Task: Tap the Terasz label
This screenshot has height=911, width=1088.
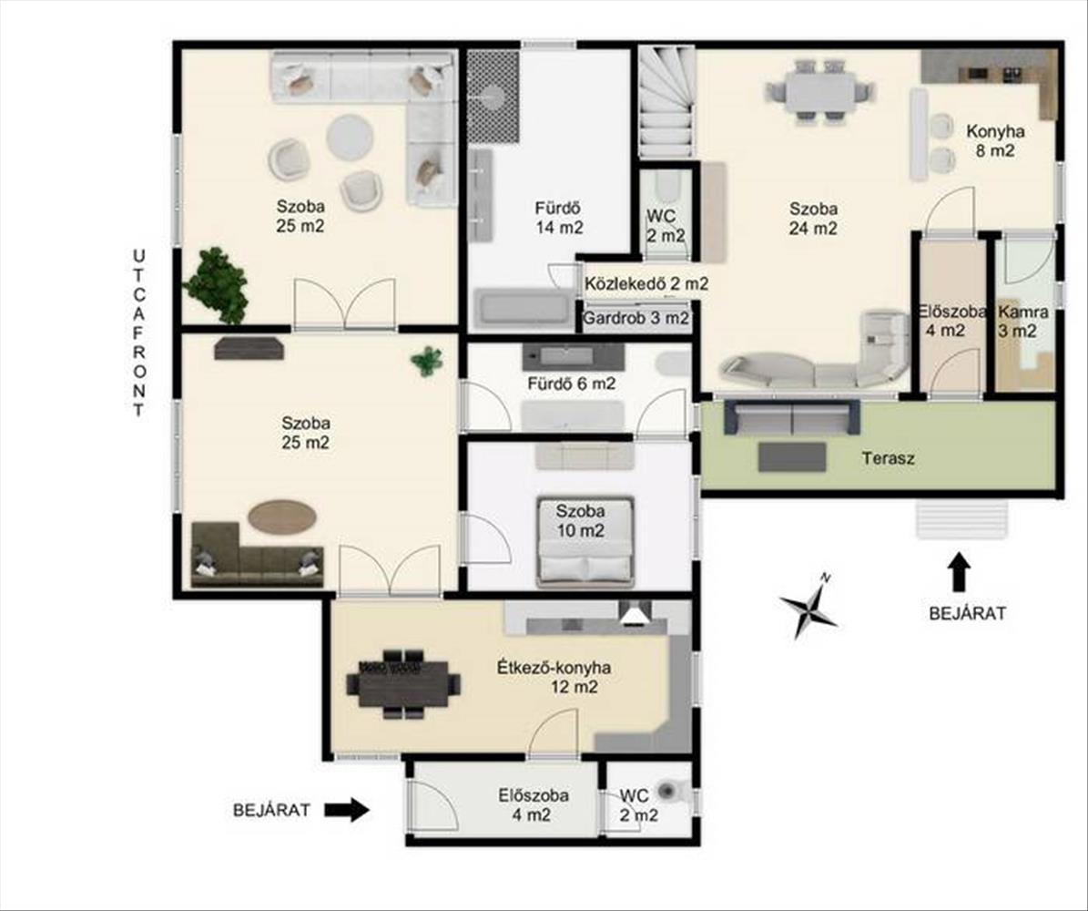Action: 889,458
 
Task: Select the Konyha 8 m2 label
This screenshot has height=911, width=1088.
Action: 996,140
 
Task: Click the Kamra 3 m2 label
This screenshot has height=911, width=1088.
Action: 1022,322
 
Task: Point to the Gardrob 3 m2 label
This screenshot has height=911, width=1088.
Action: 636,319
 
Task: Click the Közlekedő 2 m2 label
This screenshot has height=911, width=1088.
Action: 646,284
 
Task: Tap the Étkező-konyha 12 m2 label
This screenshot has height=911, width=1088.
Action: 554,678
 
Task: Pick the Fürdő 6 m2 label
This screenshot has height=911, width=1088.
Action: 571,384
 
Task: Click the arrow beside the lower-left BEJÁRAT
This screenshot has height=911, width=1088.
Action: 347,809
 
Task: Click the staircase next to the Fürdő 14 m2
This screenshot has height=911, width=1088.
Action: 666,102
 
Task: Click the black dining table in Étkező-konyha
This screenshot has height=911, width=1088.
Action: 403,684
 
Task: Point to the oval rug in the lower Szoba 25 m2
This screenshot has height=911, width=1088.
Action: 282,517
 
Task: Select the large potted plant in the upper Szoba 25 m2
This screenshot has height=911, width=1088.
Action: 216,284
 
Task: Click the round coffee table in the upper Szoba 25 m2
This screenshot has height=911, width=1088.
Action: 350,138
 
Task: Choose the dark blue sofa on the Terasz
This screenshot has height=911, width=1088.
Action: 792,417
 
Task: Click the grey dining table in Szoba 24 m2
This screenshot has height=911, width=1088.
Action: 819,91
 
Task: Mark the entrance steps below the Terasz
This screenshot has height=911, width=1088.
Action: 961,518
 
